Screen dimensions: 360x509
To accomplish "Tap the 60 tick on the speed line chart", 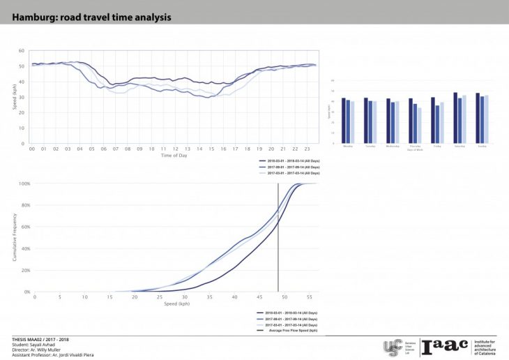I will point(21,51).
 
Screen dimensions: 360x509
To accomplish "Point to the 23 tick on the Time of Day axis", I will point(307,149).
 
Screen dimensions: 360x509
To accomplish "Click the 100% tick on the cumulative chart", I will point(23,183).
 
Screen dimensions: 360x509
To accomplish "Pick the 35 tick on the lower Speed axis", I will point(210,297).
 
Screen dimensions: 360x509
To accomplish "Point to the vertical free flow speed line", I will point(278,237).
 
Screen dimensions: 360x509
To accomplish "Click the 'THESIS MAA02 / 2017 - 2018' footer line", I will point(41,339).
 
